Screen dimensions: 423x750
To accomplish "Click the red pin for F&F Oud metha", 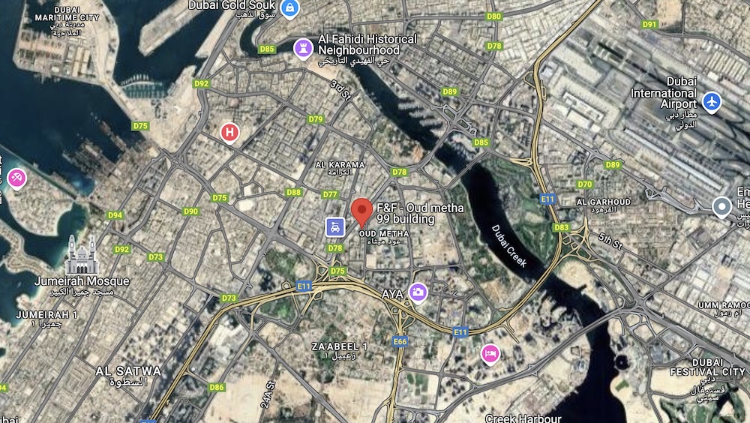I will [362, 211].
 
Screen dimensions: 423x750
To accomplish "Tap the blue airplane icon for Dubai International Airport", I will [711, 101].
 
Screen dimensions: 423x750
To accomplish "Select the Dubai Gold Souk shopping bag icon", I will [289, 8].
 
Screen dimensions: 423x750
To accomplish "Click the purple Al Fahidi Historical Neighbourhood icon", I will [303, 47].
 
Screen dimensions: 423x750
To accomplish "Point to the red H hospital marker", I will [229, 133].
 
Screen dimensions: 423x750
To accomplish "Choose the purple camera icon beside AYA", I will [418, 292].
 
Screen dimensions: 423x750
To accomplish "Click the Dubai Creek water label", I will [510, 245].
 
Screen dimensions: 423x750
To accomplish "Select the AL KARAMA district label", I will [340, 165].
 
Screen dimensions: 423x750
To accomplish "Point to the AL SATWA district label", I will [128, 370].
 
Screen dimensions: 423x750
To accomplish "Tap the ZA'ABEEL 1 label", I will [340, 346].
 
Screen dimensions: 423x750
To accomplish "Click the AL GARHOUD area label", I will [603, 202].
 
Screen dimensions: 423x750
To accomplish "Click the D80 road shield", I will [493, 16].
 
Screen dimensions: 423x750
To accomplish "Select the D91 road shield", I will [649, 24].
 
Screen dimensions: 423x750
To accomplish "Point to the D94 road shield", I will [115, 215].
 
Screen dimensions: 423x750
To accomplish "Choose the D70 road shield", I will [585, 184].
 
